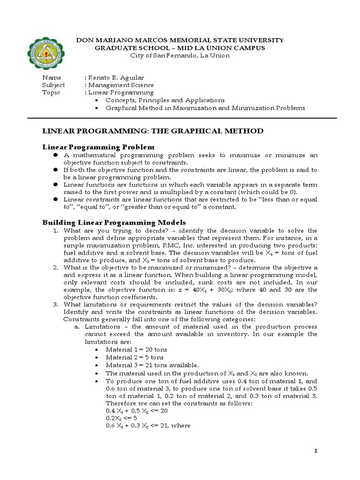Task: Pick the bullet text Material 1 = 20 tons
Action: tap(136, 350)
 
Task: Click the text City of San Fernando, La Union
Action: tap(180, 55)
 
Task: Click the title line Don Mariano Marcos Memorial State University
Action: tap(180, 40)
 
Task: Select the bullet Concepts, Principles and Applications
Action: tap(165, 100)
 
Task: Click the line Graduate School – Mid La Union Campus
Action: tap(180, 48)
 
